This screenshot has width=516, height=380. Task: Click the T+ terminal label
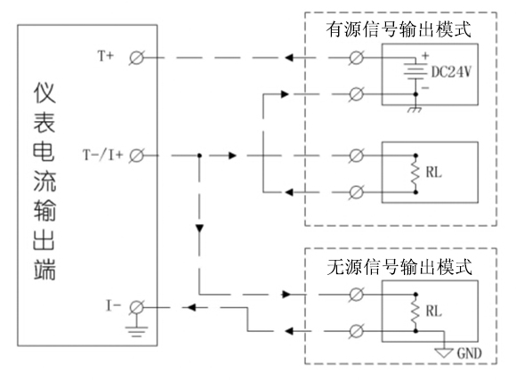coord(106,56)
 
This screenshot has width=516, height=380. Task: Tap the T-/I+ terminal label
coord(102,155)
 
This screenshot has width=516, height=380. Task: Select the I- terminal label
coord(113,306)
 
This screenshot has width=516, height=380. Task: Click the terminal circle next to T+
coord(136,58)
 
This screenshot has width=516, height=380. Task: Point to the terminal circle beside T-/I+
coord(136,156)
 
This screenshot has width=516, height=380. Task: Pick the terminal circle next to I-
coord(136,308)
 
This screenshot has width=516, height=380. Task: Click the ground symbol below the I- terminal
coord(136,331)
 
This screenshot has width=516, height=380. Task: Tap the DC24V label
coord(451,71)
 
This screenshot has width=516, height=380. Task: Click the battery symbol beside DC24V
coord(415,71)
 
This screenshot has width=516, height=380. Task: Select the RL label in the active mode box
coord(433,173)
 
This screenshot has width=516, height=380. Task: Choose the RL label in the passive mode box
coord(433,311)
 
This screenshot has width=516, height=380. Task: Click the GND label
coord(469,353)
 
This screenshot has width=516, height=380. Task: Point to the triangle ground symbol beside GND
coord(444,352)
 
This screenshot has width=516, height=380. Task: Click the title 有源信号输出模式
coord(399,29)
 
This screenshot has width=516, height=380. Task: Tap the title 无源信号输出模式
coord(399,267)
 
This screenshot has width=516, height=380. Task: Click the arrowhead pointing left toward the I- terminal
coord(191,308)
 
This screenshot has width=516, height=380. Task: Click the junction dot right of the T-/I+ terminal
coord(199,156)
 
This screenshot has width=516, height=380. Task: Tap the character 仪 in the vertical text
coord(44,93)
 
